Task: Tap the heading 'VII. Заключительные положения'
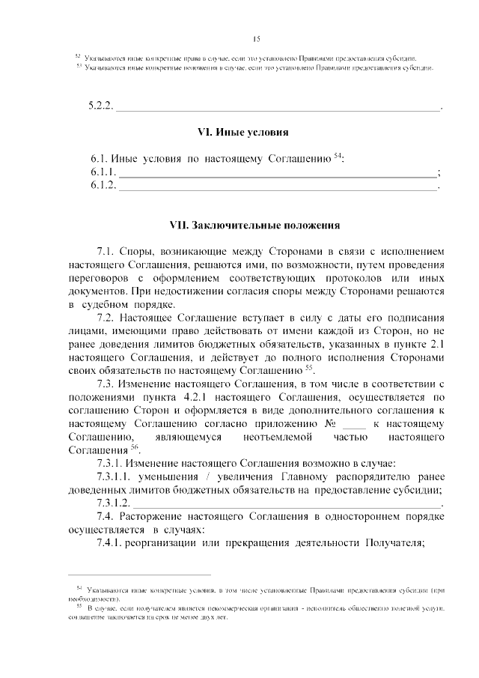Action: click(255, 224)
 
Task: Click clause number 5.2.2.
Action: click(100, 105)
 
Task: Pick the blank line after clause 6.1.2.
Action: click(278, 186)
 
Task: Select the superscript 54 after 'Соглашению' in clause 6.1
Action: click(338, 155)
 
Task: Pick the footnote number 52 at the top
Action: click(77, 57)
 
